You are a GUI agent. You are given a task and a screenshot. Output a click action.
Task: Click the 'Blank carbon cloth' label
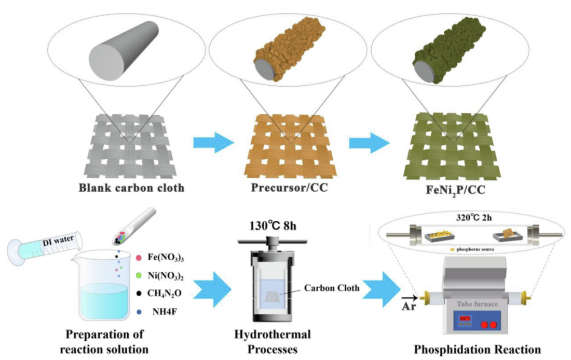coord(131,188)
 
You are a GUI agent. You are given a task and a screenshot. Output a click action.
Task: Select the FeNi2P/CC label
coord(455,191)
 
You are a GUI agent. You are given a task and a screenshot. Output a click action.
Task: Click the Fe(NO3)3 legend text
coord(165,257)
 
